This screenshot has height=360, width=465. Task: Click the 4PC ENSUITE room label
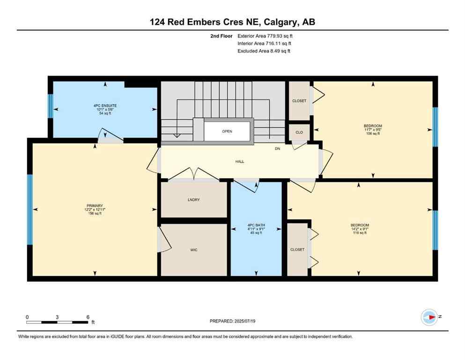[x=105, y=106]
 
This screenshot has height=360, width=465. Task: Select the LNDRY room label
[x=193, y=200]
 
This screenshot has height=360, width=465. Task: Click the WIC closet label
[x=194, y=250]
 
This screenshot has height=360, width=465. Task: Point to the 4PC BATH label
[x=256, y=225]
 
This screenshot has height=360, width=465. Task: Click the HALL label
[x=239, y=161]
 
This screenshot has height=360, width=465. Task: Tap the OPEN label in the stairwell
[x=227, y=131]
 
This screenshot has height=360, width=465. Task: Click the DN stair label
[x=277, y=149]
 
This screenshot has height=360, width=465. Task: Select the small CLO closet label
[x=299, y=132]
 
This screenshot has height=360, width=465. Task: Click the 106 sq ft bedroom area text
[x=373, y=134]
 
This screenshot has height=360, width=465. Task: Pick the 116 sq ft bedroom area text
[x=360, y=233]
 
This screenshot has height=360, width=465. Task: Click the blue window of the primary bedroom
[x=30, y=210]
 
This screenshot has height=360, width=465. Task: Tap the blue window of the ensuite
[x=51, y=106]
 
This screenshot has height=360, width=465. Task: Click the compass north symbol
[x=429, y=317]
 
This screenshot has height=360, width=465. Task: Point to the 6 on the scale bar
[x=88, y=317]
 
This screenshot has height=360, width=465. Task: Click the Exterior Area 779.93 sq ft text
[x=267, y=36]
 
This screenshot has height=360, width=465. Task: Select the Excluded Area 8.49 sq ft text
[x=264, y=51]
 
